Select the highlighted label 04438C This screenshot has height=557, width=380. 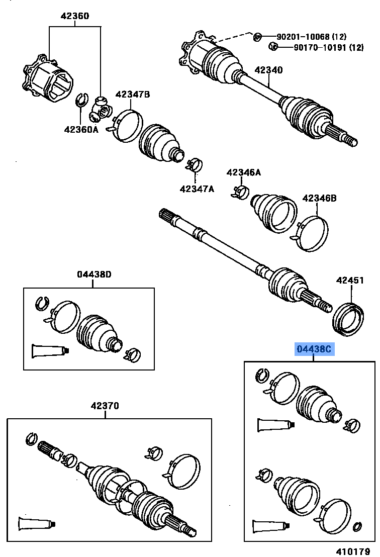pos(314,349)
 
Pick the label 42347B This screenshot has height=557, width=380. pos(133,94)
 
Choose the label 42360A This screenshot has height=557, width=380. pos(81,129)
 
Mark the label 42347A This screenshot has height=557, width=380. pos(197,189)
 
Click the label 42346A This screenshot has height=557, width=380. pos(244,172)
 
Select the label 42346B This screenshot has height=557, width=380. pos(319,198)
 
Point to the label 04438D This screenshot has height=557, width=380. pos(94,274)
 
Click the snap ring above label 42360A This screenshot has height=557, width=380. pos(81,100)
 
